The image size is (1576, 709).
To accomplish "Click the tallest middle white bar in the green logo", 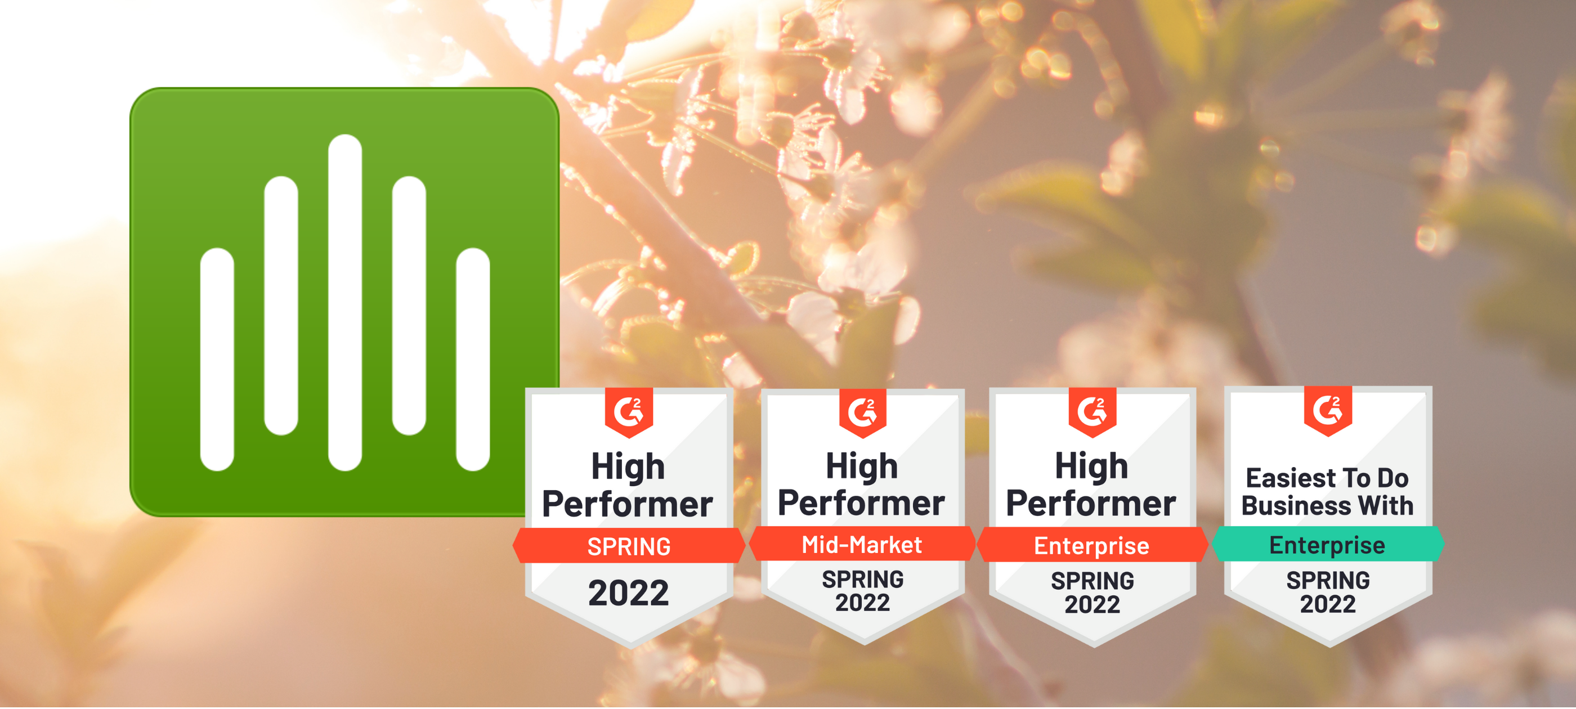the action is tap(345, 302).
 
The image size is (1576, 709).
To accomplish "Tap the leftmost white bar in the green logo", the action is tap(217, 359).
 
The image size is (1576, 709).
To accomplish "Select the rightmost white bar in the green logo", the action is tap(473, 359).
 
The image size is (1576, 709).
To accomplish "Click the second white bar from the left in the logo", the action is tap(281, 306).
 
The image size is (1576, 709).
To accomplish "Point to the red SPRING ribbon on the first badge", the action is tap(629, 546).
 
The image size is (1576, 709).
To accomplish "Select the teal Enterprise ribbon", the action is tap(1328, 544).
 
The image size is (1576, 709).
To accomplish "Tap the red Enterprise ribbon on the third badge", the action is tap(1092, 545).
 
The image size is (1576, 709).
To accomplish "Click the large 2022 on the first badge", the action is tap(629, 593).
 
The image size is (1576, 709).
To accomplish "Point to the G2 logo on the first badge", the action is tap(629, 412).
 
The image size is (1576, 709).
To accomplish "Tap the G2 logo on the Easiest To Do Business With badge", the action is tap(1328, 410).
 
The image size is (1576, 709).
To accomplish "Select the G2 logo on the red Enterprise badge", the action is tap(1092, 411).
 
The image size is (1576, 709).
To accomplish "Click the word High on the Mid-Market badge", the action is tap(862, 466).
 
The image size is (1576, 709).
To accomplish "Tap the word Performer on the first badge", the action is tap(628, 504).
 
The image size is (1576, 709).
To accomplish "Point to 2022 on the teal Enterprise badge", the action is tap(1328, 604).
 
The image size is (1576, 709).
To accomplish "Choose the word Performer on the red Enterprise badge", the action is tap(1091, 504).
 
